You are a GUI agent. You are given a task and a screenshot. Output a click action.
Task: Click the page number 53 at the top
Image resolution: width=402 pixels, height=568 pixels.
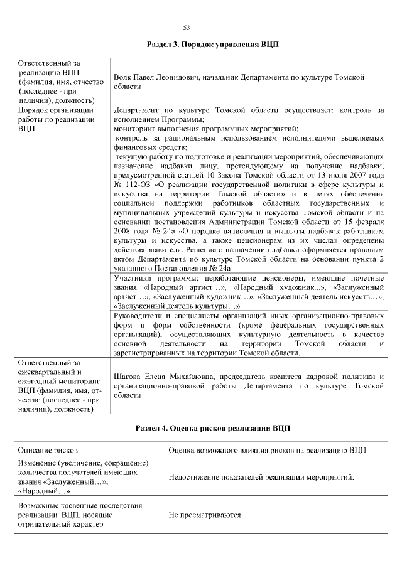pyautogui.click(x=186, y=28)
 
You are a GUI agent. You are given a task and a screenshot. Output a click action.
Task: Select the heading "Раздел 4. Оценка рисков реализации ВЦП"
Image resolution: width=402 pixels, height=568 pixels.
pyautogui.click(x=212, y=428)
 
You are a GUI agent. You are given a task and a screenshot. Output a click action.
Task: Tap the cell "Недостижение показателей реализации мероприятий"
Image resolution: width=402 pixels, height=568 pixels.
pyautogui.click(x=261, y=477)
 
